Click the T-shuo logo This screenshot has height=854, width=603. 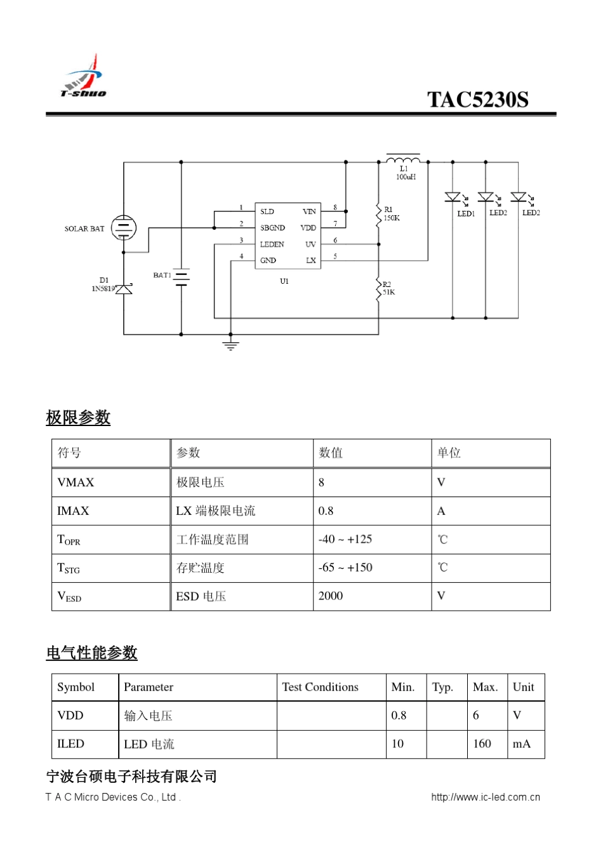pyautogui.click(x=84, y=77)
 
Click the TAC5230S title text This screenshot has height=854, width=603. pyautogui.click(x=477, y=100)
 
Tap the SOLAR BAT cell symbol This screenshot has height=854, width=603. pyautogui.click(x=124, y=228)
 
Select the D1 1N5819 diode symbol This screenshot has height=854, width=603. pyautogui.click(x=124, y=289)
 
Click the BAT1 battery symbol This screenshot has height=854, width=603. pyautogui.click(x=182, y=277)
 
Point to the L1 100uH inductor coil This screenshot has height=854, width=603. pyautogui.click(x=403, y=158)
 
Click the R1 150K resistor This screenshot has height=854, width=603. pyautogui.click(x=379, y=214)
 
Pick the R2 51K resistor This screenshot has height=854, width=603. pyautogui.click(x=379, y=289)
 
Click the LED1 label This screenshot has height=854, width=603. pyautogui.click(x=466, y=213)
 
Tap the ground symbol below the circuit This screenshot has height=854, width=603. pyautogui.click(x=230, y=346)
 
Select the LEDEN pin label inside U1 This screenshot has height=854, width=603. pyautogui.click(x=272, y=244)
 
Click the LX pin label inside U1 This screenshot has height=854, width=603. pyautogui.click(x=311, y=260)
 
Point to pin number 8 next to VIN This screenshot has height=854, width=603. pyautogui.click(x=335, y=208)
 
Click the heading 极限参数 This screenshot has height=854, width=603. pyautogui.click(x=78, y=417)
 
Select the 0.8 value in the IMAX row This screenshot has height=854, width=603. pyautogui.click(x=326, y=511)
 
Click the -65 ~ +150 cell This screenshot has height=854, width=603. pyautogui.click(x=345, y=568)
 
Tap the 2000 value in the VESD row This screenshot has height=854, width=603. pyautogui.click(x=330, y=596)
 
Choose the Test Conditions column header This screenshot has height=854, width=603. pyautogui.click(x=320, y=687)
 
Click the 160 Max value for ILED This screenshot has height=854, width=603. pyautogui.click(x=482, y=744)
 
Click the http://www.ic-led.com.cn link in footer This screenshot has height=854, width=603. pyautogui.click(x=485, y=797)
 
